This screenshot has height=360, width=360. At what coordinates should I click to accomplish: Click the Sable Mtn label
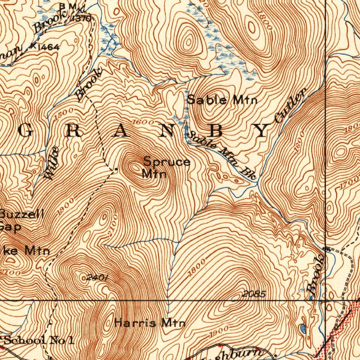tap(221, 100)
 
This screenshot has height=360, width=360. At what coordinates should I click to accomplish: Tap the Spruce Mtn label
tap(166, 167)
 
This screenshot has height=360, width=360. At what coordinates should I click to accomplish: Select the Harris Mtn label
tap(150, 322)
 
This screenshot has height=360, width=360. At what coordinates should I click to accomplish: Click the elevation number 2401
tap(97, 278)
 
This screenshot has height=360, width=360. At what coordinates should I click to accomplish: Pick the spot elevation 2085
tap(254, 294)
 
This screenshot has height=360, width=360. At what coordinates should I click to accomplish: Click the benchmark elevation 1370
tap(82, 19)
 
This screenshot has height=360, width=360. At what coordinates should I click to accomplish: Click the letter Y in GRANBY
tap(263, 131)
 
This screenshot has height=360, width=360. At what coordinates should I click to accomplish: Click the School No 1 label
tap(39, 340)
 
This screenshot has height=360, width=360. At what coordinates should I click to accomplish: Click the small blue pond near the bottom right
tap(303, 329)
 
